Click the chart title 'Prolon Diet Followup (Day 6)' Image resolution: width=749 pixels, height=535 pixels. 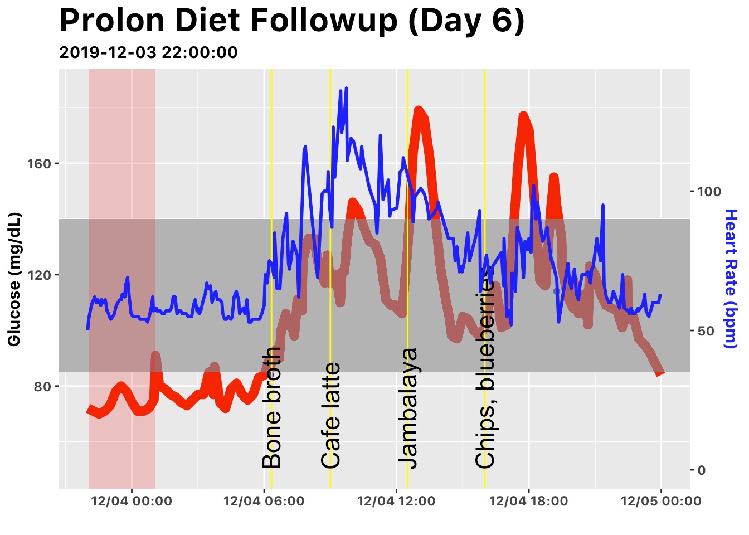pyautogui.click(x=291, y=21)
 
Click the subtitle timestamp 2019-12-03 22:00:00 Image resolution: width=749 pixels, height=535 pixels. pyautogui.click(x=148, y=52)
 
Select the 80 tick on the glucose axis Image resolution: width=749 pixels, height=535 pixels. pyautogui.click(x=42, y=387)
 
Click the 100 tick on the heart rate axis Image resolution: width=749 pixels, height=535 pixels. pyautogui.click(x=709, y=192)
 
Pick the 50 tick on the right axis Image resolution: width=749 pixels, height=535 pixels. pyautogui.click(x=706, y=331)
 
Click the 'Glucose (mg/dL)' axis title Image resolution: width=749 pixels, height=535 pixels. pyautogui.click(x=14, y=279)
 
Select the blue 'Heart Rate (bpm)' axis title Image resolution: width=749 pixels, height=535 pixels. pyautogui.click(x=731, y=279)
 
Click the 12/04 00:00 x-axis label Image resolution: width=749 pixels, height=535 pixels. pyautogui.click(x=132, y=501)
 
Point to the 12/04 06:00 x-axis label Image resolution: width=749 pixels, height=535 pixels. pyautogui.click(x=264, y=501)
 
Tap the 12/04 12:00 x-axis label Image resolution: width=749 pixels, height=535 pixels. pyautogui.click(x=396, y=501)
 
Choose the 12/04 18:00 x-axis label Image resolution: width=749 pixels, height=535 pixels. pyautogui.click(x=528, y=501)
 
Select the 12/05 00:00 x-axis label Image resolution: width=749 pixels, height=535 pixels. pyautogui.click(x=661, y=501)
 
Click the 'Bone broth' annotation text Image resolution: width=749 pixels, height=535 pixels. pyautogui.click(x=272, y=407)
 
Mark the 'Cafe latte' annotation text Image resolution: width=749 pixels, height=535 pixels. pyautogui.click(x=331, y=415)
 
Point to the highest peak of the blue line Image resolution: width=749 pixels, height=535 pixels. pyautogui.click(x=346, y=88)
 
